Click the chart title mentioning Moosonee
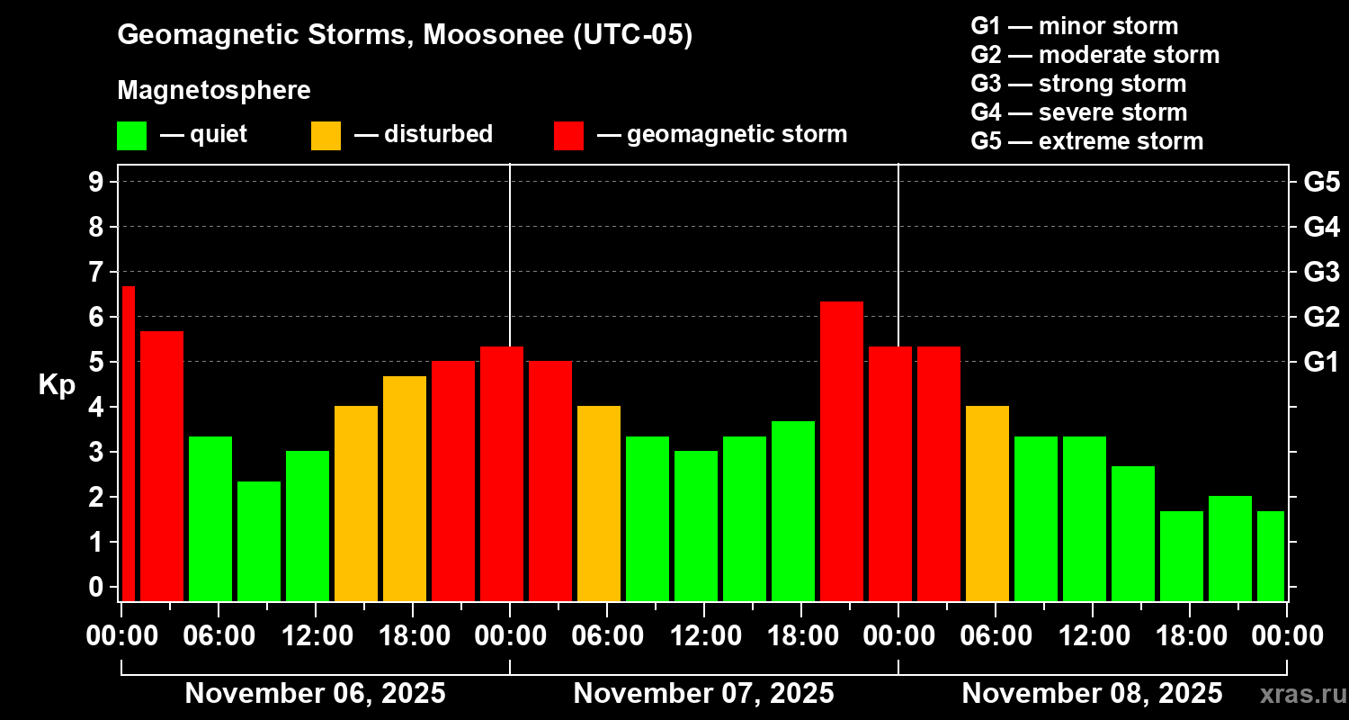[x=405, y=36]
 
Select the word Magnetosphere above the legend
[x=214, y=91]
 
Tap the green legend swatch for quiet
[x=131, y=136]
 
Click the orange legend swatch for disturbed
[x=326, y=136]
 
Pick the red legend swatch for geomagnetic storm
[x=568, y=136]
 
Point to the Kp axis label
[x=57, y=385]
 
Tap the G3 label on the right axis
[x=1321, y=272]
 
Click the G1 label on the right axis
[x=1321, y=362]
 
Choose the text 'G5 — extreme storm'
[x=1086, y=141]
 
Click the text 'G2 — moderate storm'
[x=1094, y=55]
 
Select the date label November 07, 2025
[x=703, y=694]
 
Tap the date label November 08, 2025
[x=1092, y=694]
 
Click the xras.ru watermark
[x=1301, y=695]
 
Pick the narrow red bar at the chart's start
[x=128, y=443]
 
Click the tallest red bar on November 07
[x=842, y=450]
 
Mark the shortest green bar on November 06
[x=259, y=540]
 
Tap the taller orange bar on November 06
[x=405, y=488]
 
